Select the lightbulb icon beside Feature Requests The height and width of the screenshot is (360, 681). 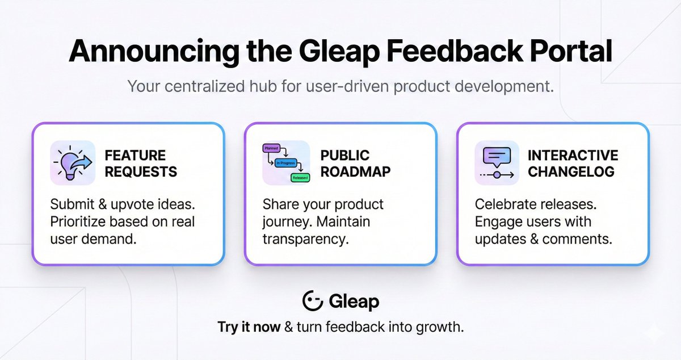[x=72, y=162]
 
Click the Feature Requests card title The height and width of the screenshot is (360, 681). [x=141, y=164]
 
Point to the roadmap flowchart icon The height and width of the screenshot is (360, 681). [x=285, y=163]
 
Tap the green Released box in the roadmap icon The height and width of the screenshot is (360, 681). [x=300, y=178]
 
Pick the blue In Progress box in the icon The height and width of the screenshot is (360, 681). [x=286, y=163]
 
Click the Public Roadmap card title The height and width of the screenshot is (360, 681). [x=355, y=164]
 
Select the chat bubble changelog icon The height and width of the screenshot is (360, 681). [x=497, y=162]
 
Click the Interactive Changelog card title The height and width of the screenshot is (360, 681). [x=572, y=164]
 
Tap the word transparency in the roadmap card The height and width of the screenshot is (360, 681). [x=304, y=239]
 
